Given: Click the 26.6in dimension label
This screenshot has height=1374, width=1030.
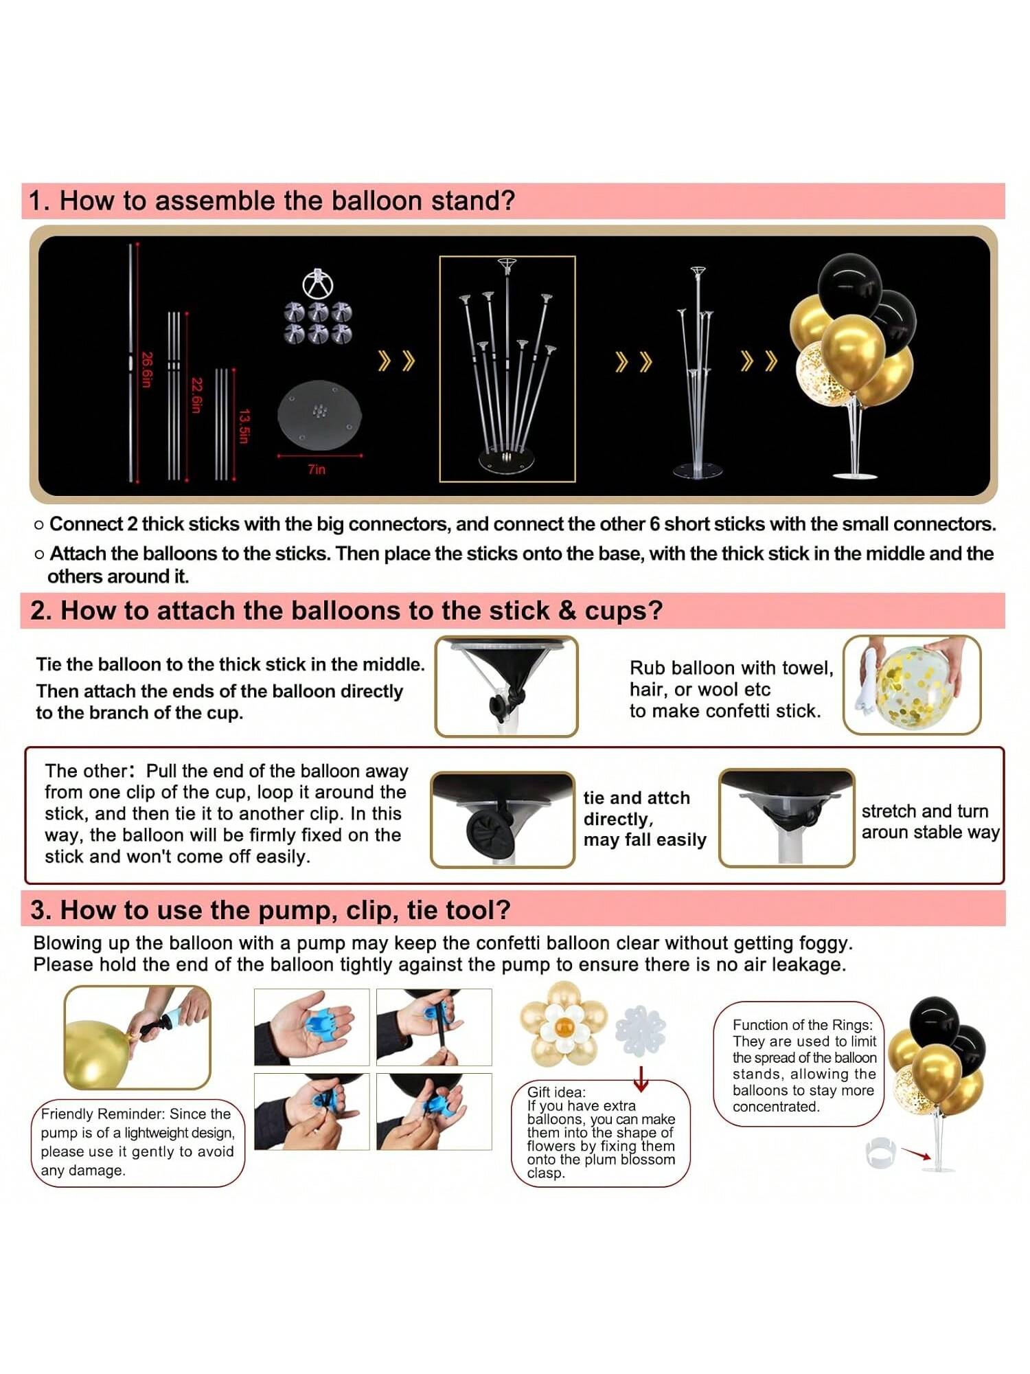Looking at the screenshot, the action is pyautogui.click(x=146, y=370).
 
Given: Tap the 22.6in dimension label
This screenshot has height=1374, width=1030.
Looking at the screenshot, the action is pyautogui.click(x=196, y=395).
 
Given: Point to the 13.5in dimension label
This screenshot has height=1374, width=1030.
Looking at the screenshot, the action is pyautogui.click(x=244, y=426).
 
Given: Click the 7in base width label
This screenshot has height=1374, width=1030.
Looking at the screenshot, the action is pyautogui.click(x=317, y=469).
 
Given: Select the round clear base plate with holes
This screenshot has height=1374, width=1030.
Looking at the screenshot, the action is pyautogui.click(x=319, y=414).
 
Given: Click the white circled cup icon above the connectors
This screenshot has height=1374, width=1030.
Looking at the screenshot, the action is pyautogui.click(x=318, y=283).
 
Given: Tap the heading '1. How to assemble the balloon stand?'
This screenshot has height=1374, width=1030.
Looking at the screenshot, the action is pyautogui.click(x=272, y=201).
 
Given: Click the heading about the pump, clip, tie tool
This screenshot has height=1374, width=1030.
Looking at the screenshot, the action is pyautogui.click(x=271, y=910).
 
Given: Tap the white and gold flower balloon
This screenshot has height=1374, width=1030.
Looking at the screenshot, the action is pyautogui.click(x=564, y=1028).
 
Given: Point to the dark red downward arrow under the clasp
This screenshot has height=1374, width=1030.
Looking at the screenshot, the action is pyautogui.click(x=641, y=1079).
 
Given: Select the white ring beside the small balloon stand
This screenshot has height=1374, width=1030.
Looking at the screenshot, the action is pyautogui.click(x=881, y=1153).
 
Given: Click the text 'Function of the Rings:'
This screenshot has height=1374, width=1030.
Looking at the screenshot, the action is pyautogui.click(x=803, y=1025).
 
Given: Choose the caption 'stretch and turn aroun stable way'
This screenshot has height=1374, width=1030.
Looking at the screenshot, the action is pyautogui.click(x=930, y=822).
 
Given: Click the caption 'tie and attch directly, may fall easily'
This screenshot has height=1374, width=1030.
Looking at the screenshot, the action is pyautogui.click(x=645, y=819).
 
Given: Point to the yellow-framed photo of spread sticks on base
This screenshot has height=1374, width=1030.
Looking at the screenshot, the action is pyautogui.click(x=507, y=369).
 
